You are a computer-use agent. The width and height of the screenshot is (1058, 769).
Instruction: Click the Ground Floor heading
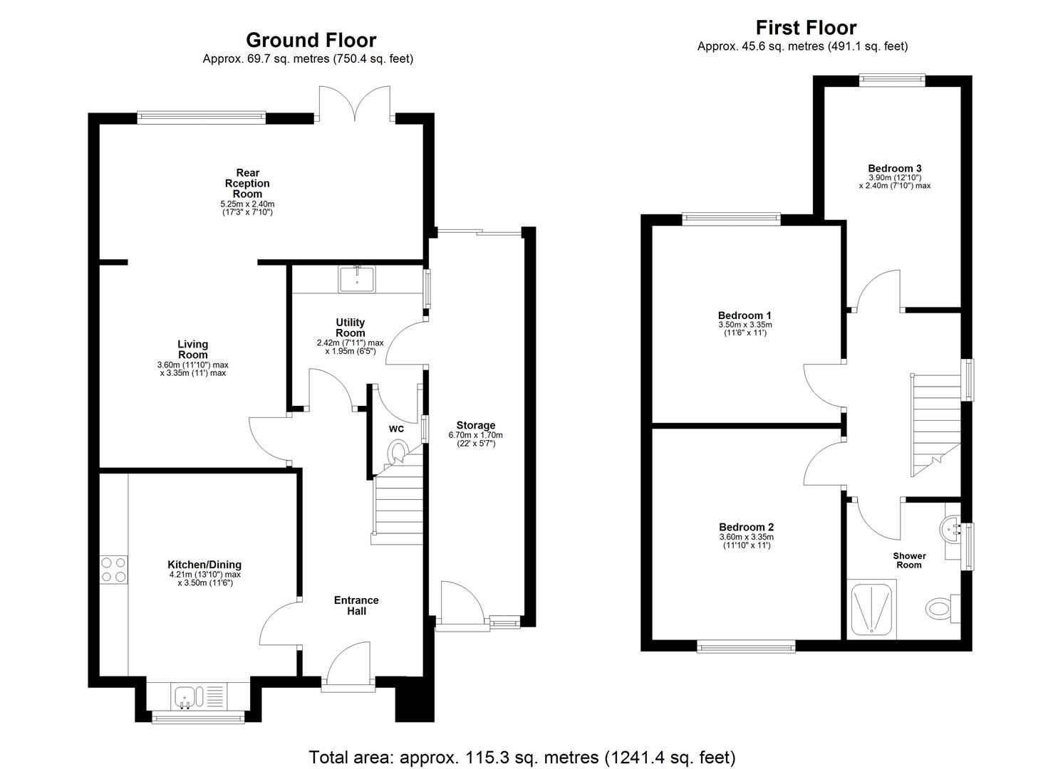pos(311,40)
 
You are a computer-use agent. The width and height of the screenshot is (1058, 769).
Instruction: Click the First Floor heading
pos(806,28)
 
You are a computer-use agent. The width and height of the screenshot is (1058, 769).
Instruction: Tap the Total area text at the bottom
pos(522,757)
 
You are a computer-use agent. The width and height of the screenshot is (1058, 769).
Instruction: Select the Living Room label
pos(192,350)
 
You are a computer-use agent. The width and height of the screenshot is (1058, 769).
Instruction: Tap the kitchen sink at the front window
pos(191,696)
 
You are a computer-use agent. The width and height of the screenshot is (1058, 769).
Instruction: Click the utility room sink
pos(357,278)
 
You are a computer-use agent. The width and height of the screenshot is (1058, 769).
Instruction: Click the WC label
pos(396,429)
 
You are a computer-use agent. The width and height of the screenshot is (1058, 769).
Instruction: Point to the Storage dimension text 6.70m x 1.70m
pos(475,435)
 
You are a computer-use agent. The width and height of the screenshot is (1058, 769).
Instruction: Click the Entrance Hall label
pos(356,605)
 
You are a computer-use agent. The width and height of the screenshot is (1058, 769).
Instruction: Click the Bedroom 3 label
pos(894,169)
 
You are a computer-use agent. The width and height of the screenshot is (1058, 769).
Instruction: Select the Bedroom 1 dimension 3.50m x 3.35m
pos(745,325)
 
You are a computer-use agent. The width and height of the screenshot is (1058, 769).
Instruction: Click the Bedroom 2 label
pos(746,527)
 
